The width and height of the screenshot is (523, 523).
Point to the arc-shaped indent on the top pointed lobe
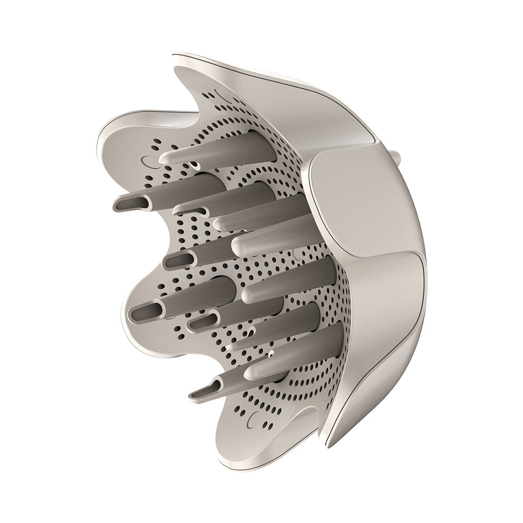click(219, 93)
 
